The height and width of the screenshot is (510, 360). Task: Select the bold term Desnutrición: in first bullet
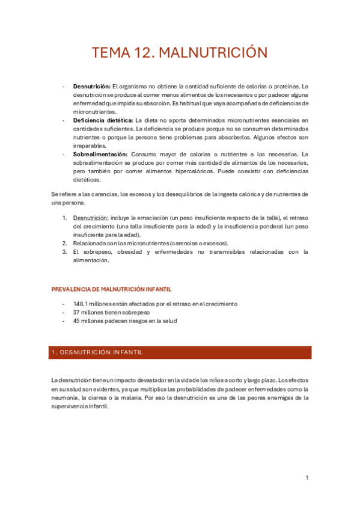click(x=91, y=86)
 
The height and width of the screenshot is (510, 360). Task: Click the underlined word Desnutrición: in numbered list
click(x=90, y=217)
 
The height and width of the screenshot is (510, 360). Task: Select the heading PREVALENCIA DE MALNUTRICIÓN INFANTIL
click(x=111, y=289)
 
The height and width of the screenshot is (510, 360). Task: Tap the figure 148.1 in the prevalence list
click(x=81, y=304)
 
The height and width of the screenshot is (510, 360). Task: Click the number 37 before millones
click(x=76, y=312)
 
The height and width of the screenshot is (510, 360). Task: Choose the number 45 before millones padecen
click(x=76, y=321)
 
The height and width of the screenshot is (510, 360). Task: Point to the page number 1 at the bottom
click(x=307, y=478)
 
